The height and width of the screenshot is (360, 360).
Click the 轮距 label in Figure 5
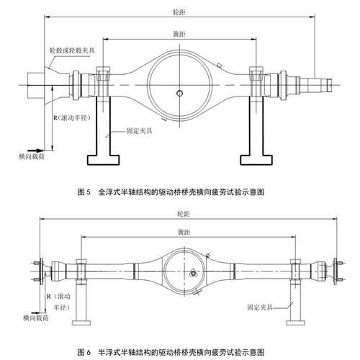[179, 12]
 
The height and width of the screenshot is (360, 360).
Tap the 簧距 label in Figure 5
[179, 35]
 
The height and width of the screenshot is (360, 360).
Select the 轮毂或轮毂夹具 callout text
[72, 50]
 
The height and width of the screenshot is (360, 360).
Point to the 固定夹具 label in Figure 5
[139, 131]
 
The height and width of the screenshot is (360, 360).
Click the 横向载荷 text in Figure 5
[32, 157]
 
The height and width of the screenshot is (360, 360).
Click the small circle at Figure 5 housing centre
[179, 93]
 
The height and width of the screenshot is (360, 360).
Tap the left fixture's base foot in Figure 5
[103, 160]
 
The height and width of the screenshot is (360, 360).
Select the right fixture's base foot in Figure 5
[256, 160]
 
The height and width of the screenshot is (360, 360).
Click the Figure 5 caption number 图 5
[84, 192]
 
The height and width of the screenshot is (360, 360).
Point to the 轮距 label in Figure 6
[184, 214]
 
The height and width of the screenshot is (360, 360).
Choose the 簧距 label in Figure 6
[184, 233]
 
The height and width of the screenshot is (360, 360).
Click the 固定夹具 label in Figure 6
[260, 307]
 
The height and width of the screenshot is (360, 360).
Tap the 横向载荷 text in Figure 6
[36, 318]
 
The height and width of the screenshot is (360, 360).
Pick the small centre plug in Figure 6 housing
[192, 273]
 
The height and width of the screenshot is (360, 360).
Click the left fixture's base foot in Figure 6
[81, 323]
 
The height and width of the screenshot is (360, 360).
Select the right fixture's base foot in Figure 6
[295, 323]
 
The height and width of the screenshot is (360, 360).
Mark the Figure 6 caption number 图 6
[84, 352]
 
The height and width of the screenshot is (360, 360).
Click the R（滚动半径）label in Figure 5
[72, 118]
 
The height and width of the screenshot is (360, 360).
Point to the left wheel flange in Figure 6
[41, 271]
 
